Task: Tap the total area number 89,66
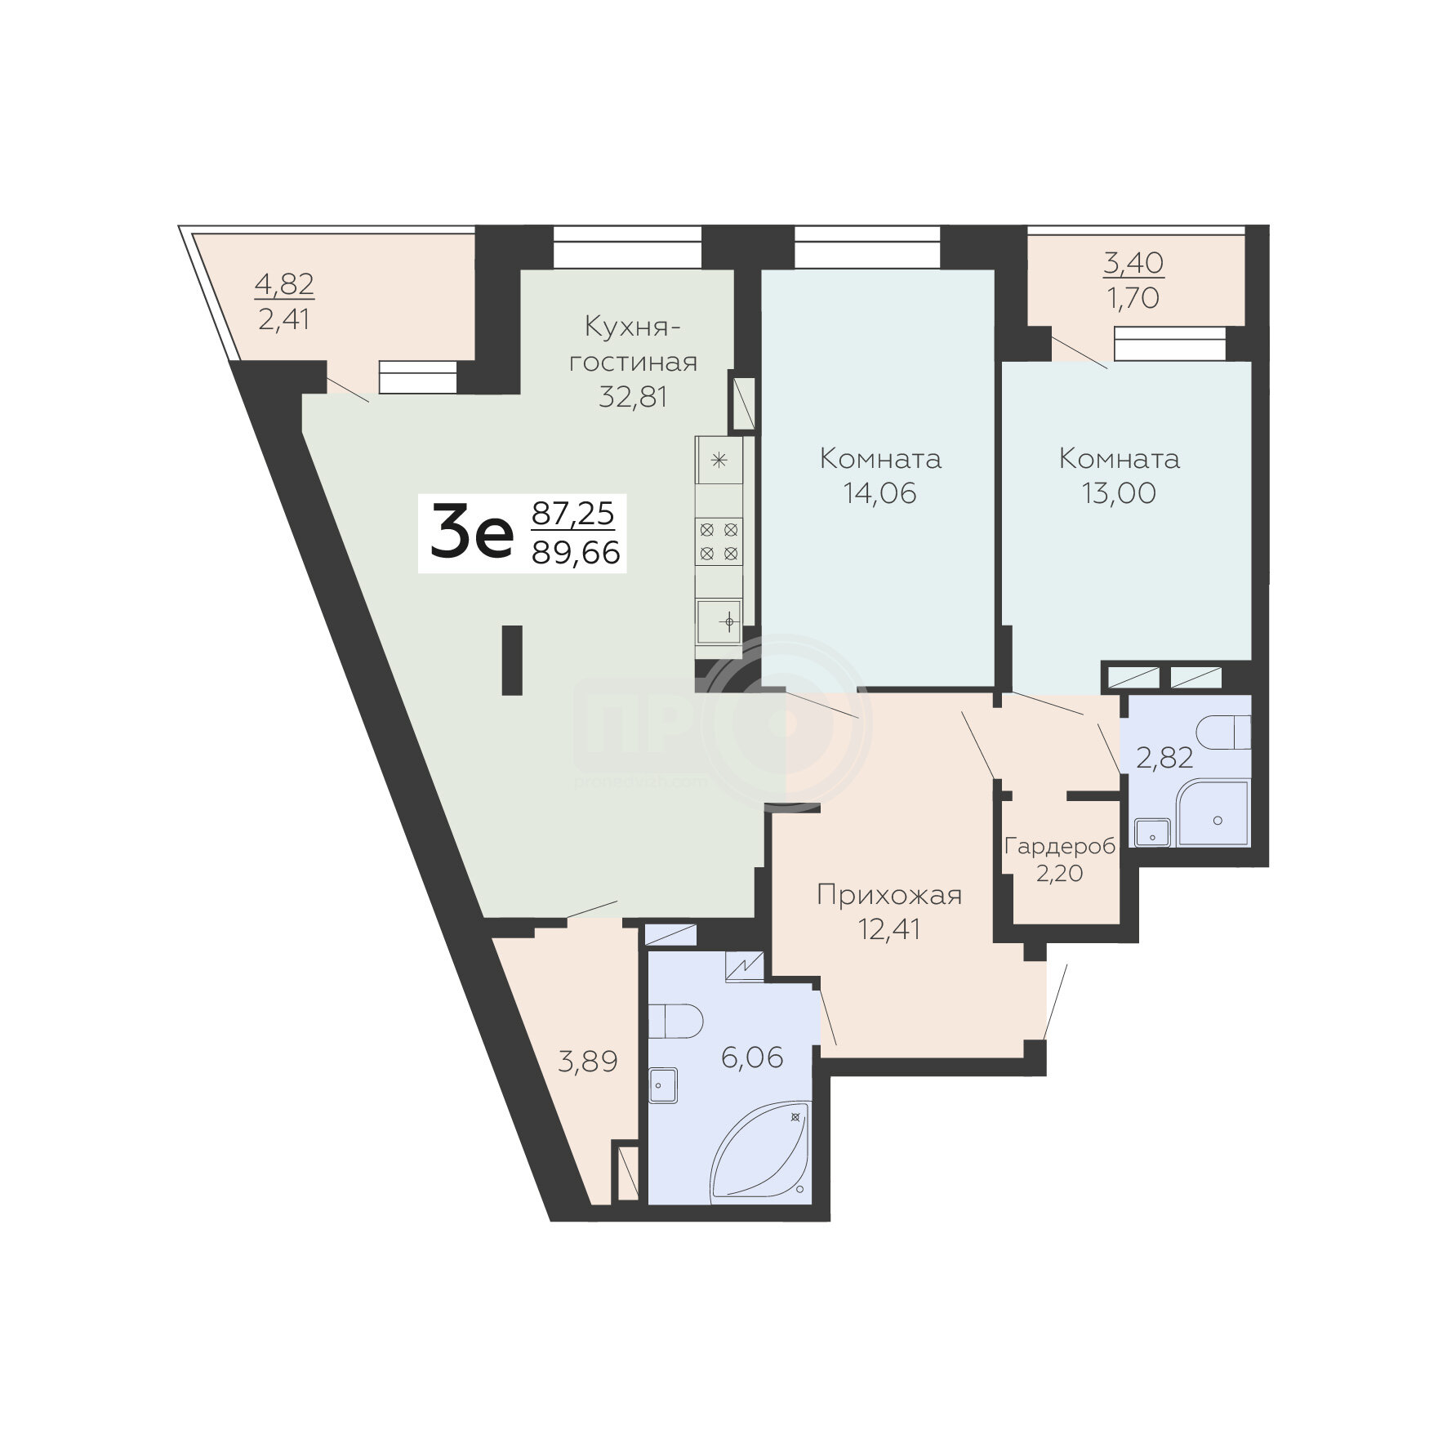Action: click(576, 554)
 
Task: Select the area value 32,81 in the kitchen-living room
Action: click(634, 397)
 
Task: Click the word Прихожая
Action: click(889, 896)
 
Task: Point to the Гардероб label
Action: click(1059, 847)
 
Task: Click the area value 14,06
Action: click(880, 493)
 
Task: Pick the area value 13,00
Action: click(1120, 493)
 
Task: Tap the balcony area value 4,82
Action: click(284, 285)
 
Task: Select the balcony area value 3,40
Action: click(1133, 264)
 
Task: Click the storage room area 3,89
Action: click(587, 1062)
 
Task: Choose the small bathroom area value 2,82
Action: click(1165, 759)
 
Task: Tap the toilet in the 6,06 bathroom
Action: click(676, 1020)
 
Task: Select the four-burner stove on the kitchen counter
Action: click(719, 541)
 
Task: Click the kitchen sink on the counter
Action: click(719, 622)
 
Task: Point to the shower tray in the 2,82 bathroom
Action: click(1213, 813)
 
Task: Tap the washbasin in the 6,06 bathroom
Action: click(664, 1084)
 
